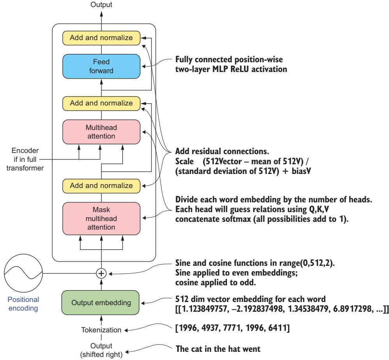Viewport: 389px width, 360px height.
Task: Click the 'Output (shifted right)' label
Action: click(x=101, y=348)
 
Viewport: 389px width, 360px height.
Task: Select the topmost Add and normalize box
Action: click(x=101, y=38)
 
